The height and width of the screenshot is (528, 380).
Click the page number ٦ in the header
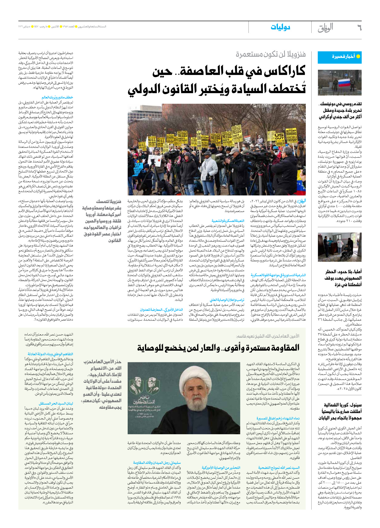tap(359, 28)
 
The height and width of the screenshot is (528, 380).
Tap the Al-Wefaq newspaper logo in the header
tap(325, 28)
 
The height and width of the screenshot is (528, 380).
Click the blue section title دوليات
tap(280, 27)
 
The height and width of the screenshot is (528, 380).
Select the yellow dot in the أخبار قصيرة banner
tap(358, 56)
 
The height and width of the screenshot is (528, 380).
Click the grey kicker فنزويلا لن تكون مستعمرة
tap(271, 55)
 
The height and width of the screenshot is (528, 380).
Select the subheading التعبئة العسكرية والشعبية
tap(228, 221)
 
